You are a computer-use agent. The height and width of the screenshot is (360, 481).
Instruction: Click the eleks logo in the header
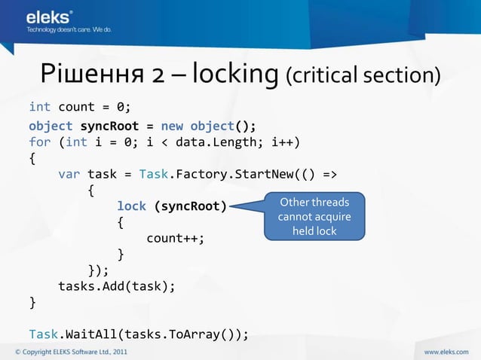pos(50,16)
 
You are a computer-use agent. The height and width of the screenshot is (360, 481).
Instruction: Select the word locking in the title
pos(236,75)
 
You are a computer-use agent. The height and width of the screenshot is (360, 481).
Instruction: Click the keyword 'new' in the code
pos(172,125)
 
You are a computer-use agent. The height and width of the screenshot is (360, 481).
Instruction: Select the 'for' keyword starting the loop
pos(40,142)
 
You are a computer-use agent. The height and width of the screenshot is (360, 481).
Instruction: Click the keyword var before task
pos(69,175)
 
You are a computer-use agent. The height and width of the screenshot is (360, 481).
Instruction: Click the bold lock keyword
pos(131,206)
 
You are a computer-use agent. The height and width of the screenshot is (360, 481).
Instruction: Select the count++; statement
pos(176,238)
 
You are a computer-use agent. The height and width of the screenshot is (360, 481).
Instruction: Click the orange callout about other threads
pos(314,216)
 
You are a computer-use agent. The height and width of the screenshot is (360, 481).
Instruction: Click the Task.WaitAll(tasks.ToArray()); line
pos(139,334)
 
